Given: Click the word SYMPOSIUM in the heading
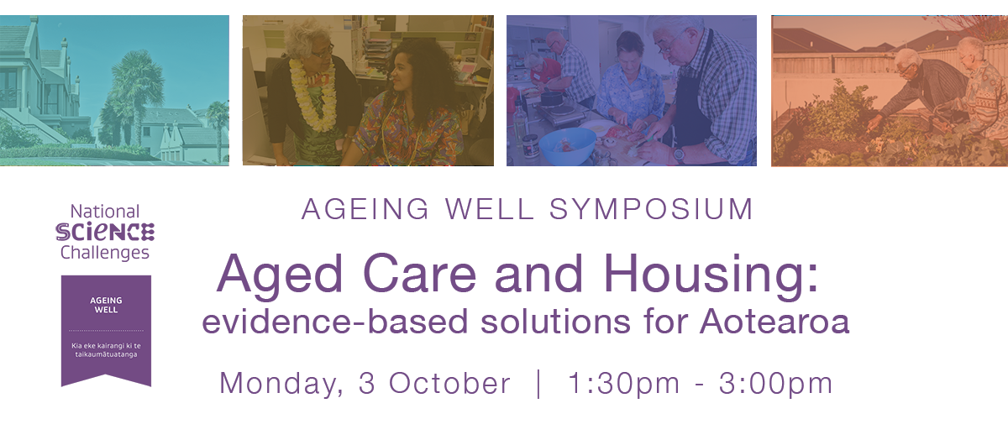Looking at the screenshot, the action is (651, 209).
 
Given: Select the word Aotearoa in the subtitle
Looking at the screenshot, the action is (774, 322).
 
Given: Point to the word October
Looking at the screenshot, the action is (449, 383).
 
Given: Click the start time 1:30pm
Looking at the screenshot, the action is (623, 384).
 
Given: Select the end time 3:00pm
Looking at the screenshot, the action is (775, 384).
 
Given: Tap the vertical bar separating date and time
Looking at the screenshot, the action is (539, 384).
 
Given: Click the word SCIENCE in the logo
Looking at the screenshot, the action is (105, 232).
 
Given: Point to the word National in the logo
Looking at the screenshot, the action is (105, 212).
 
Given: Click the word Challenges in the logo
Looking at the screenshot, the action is (105, 253).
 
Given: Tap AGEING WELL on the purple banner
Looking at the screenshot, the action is (106, 305).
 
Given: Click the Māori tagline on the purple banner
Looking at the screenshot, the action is (106, 350).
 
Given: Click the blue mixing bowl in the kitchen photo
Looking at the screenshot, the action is (568, 146).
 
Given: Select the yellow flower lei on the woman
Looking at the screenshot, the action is (313, 96).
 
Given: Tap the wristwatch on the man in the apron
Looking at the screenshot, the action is (679, 155).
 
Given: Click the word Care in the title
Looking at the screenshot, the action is (419, 274).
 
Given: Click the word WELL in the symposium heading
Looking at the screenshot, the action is (490, 209).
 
